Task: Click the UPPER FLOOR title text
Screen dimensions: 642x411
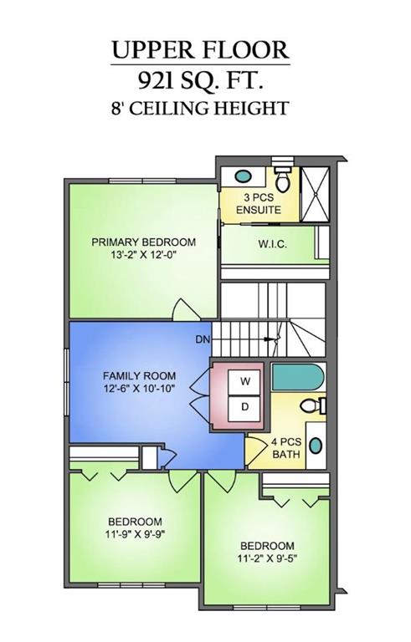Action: pos(201,51)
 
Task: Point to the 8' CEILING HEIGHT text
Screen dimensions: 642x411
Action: pos(201,108)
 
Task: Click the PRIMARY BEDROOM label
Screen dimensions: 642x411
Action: pos(143,242)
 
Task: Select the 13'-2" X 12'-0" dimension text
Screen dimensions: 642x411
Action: pos(143,255)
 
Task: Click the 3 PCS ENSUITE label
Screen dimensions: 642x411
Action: pos(257,204)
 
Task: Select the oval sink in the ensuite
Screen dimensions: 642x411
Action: pos(242,177)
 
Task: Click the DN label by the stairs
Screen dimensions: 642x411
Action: pos(202,339)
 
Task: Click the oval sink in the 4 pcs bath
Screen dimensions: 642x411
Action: pos(315,445)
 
